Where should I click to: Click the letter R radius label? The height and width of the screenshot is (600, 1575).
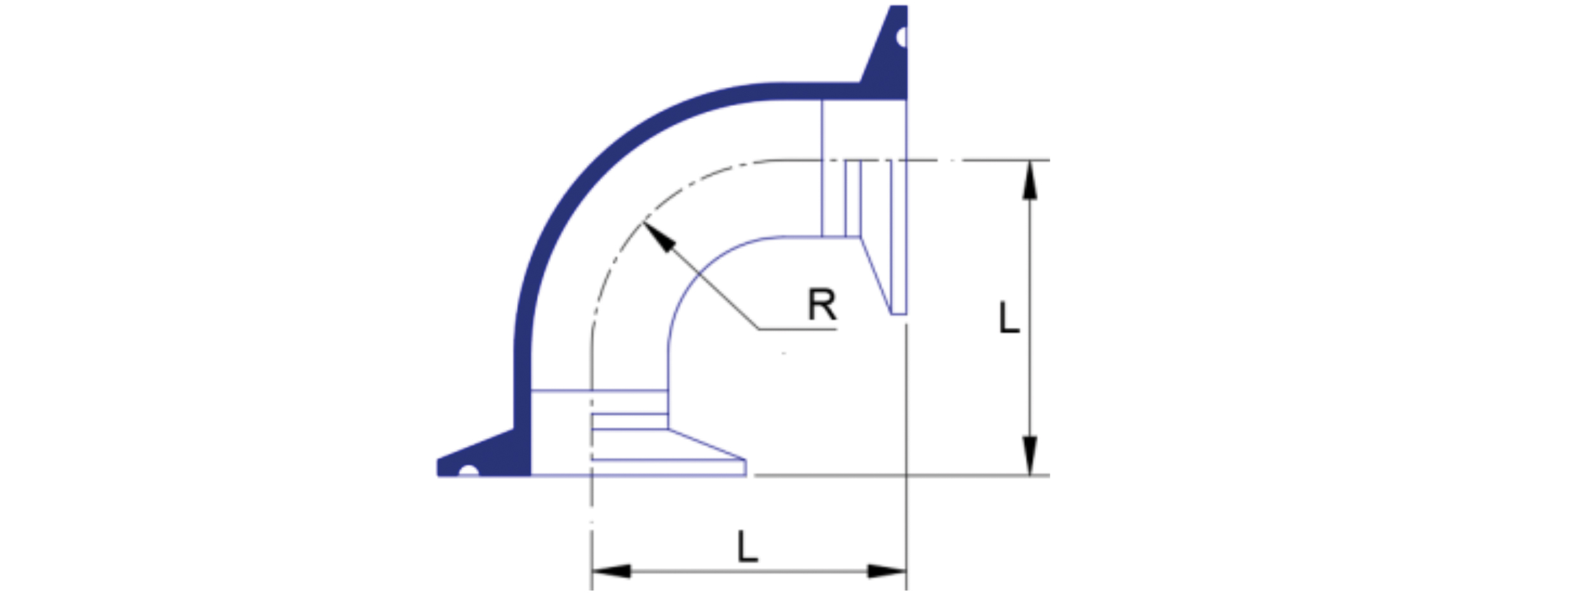coord(822,305)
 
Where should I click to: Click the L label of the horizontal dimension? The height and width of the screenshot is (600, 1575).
coord(747,547)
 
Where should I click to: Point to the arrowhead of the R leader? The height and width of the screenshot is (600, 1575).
coord(657,235)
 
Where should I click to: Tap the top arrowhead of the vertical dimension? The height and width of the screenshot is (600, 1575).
coord(1029,180)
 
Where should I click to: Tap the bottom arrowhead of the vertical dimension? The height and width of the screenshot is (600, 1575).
coord(1029,455)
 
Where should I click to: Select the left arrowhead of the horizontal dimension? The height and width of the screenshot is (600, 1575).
coord(611,571)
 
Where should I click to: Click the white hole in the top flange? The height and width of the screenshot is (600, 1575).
coord(902,37)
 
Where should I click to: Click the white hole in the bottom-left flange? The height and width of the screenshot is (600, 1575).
coord(469,472)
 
